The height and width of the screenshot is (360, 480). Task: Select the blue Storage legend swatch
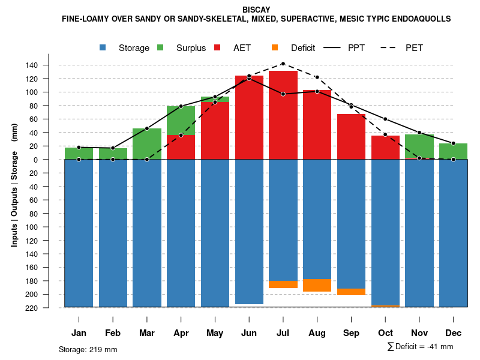click(x=103, y=48)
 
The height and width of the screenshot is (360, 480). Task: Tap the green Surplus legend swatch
click(x=161, y=48)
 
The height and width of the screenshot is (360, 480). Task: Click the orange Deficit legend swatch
click(x=275, y=48)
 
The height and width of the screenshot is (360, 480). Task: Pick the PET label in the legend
click(x=418, y=48)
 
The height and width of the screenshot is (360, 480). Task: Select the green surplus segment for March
click(x=147, y=144)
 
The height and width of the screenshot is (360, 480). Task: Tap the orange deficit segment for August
click(x=317, y=286)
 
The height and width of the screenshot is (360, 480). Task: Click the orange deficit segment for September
click(x=351, y=292)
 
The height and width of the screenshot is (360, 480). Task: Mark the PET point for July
click(x=283, y=64)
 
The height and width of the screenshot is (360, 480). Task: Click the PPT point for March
click(x=147, y=128)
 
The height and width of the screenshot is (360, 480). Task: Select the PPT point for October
click(x=385, y=119)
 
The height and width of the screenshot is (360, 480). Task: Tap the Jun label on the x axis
click(x=249, y=333)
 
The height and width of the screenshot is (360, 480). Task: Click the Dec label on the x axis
click(x=454, y=333)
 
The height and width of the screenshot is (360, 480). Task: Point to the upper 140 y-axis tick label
click(x=49, y=65)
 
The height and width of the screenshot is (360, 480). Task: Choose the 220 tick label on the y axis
click(x=49, y=308)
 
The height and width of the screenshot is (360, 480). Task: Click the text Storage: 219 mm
click(x=88, y=349)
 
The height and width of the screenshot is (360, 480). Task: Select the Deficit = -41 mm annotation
click(x=421, y=346)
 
